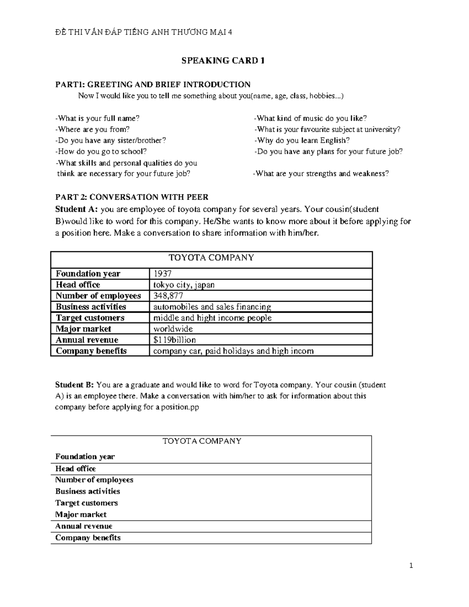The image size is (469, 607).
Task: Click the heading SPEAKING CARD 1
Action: coord(223,61)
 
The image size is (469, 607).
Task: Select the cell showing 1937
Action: coord(162,274)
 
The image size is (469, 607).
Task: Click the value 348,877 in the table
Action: coord(168,295)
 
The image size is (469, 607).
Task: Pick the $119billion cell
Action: coord(174,340)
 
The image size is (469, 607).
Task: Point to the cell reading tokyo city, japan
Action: coord(184,285)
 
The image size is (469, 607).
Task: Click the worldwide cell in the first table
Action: coord(173,329)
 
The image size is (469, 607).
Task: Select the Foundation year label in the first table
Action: coord(88,274)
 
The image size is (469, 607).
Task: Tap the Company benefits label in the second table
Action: coord(88,538)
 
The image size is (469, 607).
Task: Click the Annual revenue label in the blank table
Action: coord(84,526)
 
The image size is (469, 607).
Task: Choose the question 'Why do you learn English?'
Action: coord(302,140)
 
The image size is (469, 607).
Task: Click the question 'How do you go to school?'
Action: coord(101,151)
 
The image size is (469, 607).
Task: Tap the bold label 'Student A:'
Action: coord(76,209)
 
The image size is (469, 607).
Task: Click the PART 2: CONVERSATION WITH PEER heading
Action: coord(132,197)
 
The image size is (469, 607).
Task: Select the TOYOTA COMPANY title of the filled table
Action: coord(211,258)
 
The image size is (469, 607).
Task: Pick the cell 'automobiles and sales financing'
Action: coord(212,307)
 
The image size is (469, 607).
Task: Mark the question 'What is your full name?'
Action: coord(97,118)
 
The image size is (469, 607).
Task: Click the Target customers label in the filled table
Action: coord(90,318)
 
